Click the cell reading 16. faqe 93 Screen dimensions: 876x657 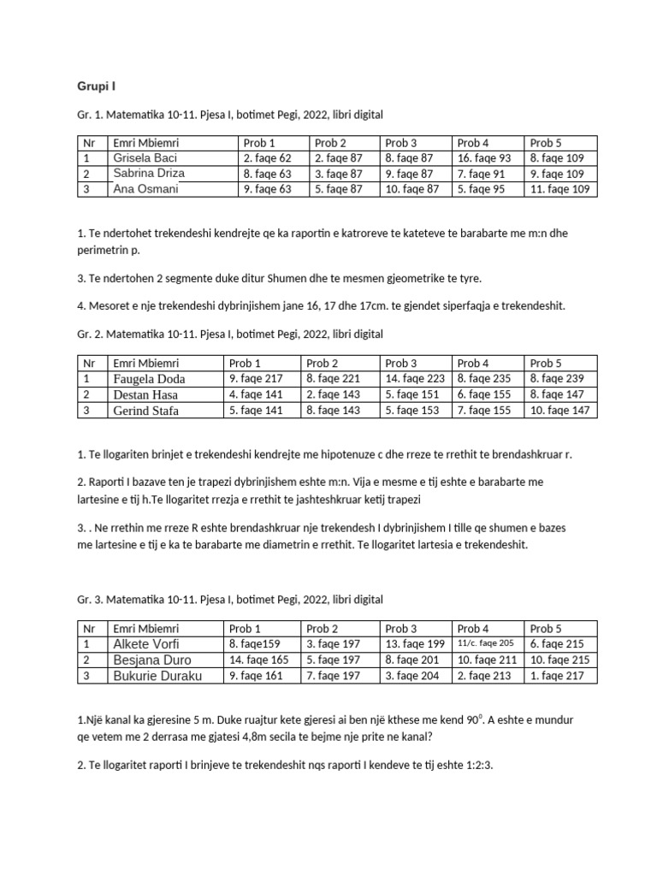[483, 158]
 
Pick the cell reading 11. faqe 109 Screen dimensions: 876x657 [559, 189]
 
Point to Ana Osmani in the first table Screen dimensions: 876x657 [145, 189]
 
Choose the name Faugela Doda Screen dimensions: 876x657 [149, 379]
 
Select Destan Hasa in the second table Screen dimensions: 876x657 [147, 395]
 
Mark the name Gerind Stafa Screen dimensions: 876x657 [148, 411]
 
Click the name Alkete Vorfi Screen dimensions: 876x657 [146, 644]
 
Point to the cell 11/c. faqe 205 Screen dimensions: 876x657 [485, 643]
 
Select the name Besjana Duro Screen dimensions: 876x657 [151, 660]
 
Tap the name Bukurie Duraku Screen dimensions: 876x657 [157, 676]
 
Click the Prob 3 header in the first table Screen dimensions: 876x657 [401, 143]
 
